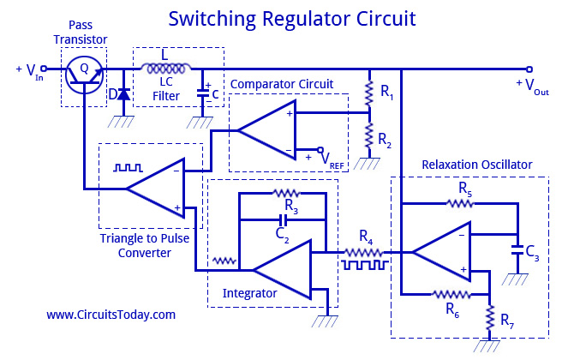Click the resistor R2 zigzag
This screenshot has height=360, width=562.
[x=368, y=134]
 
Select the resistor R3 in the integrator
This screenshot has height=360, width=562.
[x=283, y=195]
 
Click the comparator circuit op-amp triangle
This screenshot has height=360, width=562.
[x=266, y=129]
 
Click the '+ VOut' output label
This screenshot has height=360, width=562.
[x=531, y=85]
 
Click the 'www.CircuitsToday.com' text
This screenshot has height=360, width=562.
[x=111, y=315]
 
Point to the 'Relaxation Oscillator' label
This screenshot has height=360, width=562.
[x=477, y=164]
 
